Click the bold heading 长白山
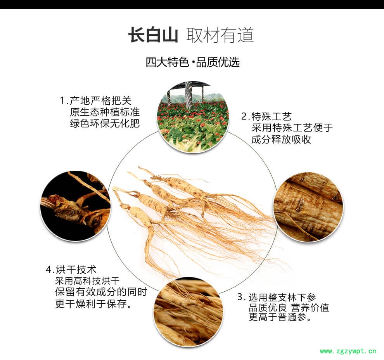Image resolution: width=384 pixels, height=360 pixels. coord(153,35)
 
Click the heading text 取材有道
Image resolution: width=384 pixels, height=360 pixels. coord(220,35)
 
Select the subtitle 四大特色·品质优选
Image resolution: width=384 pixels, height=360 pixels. coord(192,62)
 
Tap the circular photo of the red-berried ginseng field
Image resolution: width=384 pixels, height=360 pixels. coord(193,117)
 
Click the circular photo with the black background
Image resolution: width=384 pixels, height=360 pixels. coord(76,206)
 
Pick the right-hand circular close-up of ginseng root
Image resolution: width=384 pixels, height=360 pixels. coord(308,207)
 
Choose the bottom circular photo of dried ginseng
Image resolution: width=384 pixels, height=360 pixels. coord(189,313)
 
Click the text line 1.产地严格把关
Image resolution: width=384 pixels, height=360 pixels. coord(96,100)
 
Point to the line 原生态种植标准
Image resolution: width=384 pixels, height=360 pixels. coord(105,112)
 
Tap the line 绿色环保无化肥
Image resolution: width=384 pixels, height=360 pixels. coord(105,123)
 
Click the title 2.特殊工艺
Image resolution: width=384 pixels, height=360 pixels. coord(266,116)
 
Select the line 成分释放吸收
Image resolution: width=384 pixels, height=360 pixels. coord(281,139)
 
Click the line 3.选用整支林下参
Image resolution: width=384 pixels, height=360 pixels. coord(277,298)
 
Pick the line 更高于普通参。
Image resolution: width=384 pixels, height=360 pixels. coord(280,317)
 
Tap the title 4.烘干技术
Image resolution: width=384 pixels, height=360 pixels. coord(71,270)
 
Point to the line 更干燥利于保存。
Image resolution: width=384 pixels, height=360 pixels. coord(93,304)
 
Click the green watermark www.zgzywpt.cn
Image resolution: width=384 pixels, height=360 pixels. coord(348,351)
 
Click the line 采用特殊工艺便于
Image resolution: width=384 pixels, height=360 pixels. coord(292,128)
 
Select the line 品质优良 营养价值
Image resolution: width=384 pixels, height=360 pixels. coord(289,308)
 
